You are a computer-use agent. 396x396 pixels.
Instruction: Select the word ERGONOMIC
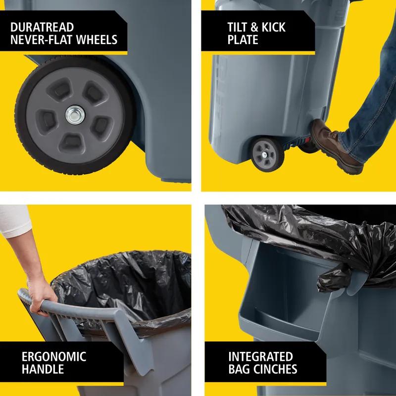[54, 356]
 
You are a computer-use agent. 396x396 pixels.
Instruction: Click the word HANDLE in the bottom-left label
[43, 369]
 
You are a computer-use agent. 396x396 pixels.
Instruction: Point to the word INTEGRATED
[260, 356]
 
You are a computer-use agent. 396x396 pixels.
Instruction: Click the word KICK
[271, 26]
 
